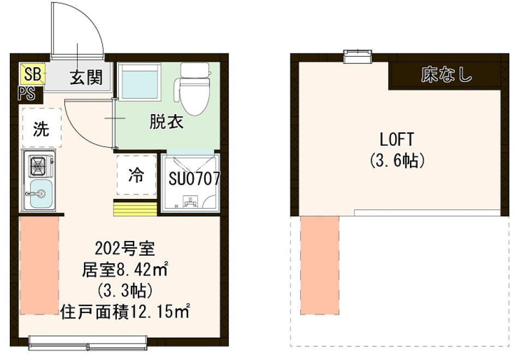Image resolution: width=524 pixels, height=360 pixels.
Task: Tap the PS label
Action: click(26, 93)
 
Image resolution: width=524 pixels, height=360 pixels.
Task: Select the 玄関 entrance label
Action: click(86, 78)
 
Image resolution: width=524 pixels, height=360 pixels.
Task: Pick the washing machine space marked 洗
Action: click(41, 129)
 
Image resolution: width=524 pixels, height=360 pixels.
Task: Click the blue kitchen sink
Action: click(40, 194)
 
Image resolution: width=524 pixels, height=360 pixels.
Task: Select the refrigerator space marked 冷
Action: click(136, 175)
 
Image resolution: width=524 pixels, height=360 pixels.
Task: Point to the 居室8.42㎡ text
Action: click(124, 269)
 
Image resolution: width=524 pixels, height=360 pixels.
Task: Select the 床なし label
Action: click(446, 75)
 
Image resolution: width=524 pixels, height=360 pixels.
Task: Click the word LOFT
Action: click(397, 139)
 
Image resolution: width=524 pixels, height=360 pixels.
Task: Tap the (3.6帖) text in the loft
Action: click(397, 161)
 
